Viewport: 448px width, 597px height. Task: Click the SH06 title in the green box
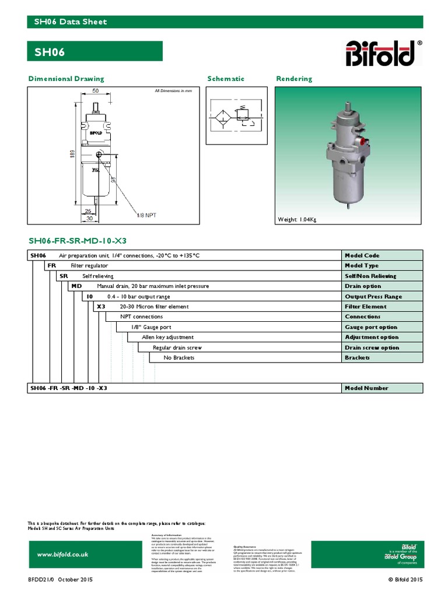point(50,52)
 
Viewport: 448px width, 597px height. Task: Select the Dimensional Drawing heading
point(66,79)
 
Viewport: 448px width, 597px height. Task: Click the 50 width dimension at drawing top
point(94,91)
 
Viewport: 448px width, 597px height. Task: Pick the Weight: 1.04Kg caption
point(298,219)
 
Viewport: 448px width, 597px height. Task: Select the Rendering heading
point(294,79)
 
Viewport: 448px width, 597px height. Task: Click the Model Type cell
point(362,266)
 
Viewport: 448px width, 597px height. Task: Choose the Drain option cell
point(363,286)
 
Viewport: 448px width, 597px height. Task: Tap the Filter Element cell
point(365,307)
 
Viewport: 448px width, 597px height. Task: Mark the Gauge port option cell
point(371,327)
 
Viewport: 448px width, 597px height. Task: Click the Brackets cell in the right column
point(358,357)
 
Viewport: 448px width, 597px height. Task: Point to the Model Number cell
point(366,388)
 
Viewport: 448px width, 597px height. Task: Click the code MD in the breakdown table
point(76,286)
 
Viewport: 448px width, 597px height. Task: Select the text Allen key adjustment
point(168,337)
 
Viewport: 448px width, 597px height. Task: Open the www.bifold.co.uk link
point(62,554)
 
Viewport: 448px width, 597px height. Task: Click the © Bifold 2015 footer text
point(405,580)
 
